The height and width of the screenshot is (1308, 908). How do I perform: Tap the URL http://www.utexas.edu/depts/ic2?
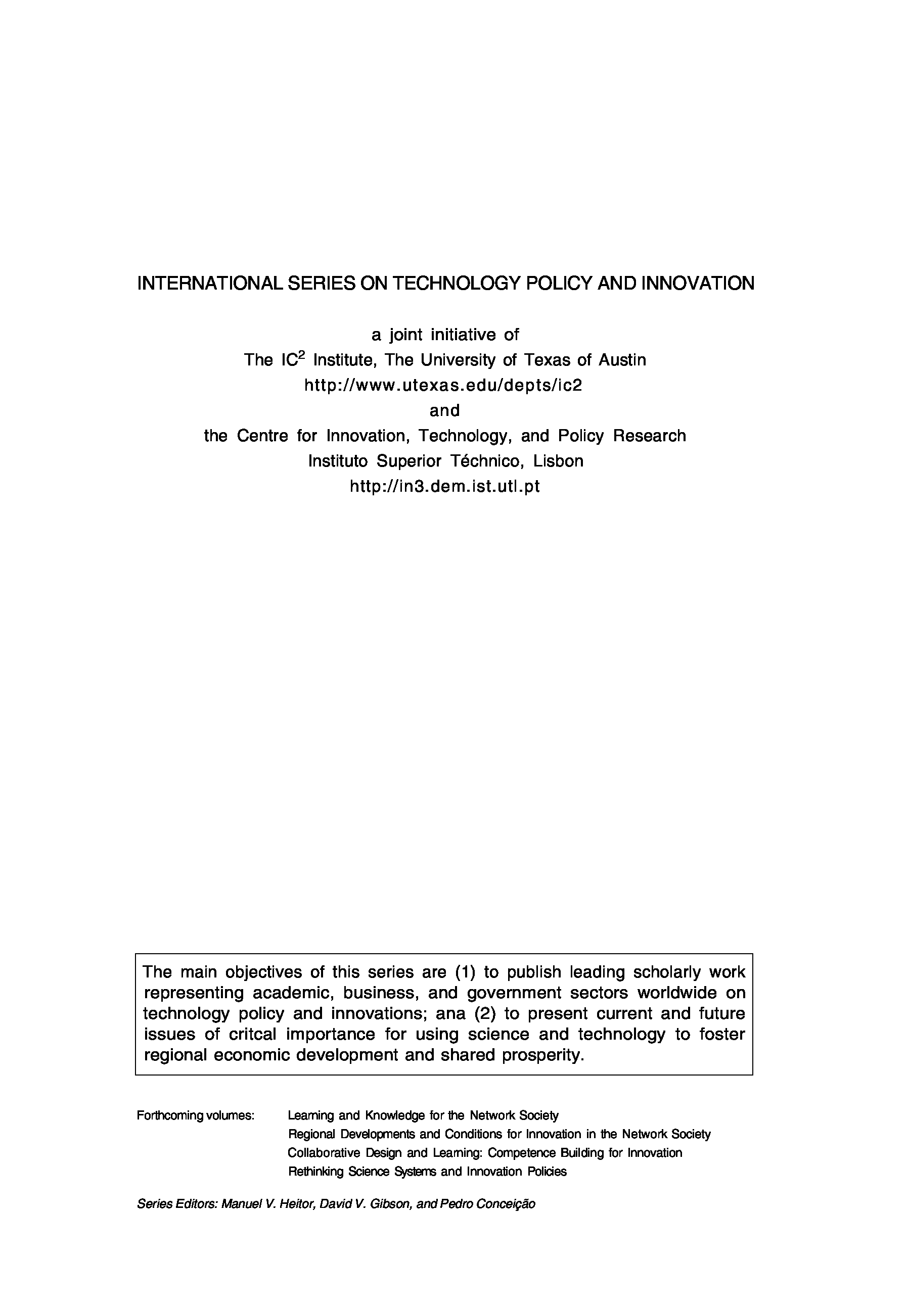tap(443, 385)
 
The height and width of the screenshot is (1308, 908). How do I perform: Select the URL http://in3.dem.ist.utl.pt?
tap(444, 486)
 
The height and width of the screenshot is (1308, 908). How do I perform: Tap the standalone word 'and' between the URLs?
tap(444, 410)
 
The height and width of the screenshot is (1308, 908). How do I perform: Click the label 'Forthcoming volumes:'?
tap(195, 1115)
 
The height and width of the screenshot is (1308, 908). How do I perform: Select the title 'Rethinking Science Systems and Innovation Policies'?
tap(427, 1172)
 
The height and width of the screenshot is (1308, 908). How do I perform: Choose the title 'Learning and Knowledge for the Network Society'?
tap(423, 1115)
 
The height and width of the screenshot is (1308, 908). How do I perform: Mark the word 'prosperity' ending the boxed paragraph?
tap(541, 1055)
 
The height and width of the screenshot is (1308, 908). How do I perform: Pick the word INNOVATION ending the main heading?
tap(698, 283)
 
